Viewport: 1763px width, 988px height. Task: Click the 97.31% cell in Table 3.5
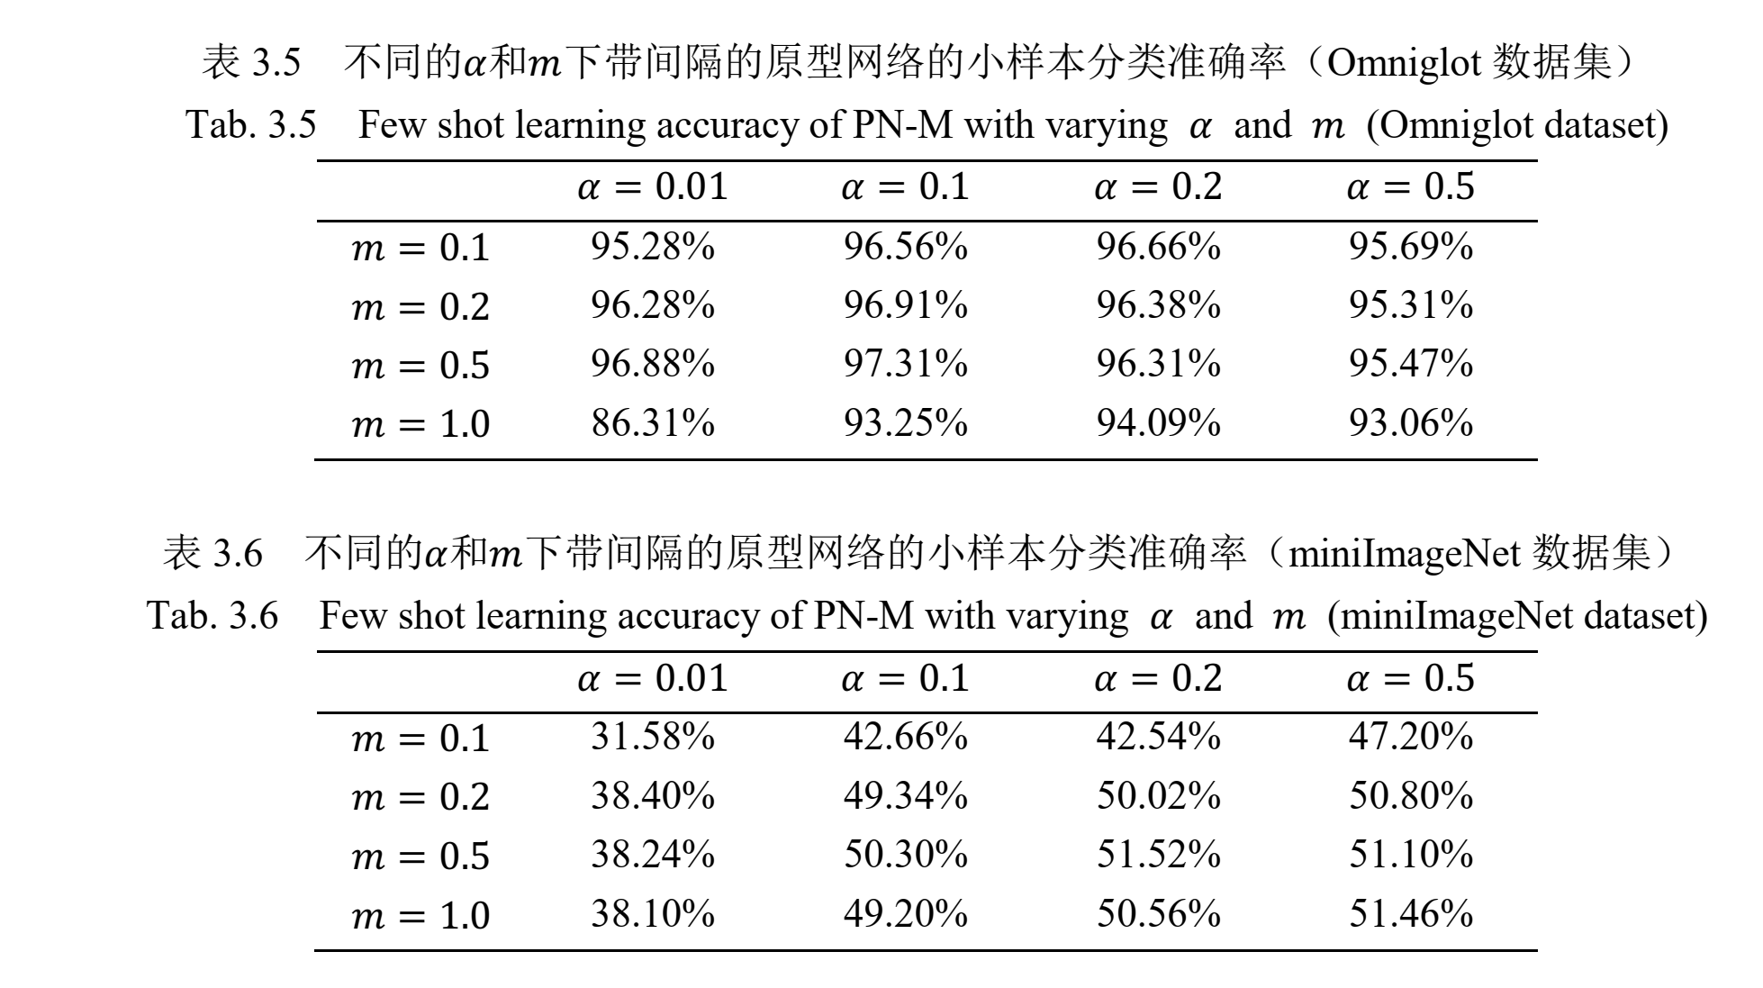tap(905, 364)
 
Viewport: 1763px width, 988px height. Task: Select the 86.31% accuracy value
tap(653, 422)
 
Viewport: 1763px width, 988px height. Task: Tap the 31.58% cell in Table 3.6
tap(653, 737)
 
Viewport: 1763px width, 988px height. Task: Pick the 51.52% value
tap(1158, 854)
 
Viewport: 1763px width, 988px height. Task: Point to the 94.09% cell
tap(1158, 422)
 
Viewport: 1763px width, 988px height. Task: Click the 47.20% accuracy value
tap(1410, 737)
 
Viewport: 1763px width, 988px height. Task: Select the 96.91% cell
tap(905, 305)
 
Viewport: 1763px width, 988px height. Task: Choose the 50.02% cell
tap(1158, 796)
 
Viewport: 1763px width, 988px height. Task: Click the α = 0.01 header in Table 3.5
tap(652, 187)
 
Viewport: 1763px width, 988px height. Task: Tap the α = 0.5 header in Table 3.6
tap(1410, 678)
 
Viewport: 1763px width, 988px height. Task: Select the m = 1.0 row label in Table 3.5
tap(420, 424)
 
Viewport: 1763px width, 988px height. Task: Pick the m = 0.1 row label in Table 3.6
tap(420, 739)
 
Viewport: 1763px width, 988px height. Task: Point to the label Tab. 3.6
tap(212, 616)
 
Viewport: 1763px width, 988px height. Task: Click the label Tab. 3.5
tap(251, 125)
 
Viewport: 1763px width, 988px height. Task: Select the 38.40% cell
tap(653, 796)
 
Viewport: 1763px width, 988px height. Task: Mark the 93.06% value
tap(1410, 422)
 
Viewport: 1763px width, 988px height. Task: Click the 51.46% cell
tap(1410, 913)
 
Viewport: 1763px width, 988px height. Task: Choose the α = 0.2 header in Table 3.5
tap(1158, 187)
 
